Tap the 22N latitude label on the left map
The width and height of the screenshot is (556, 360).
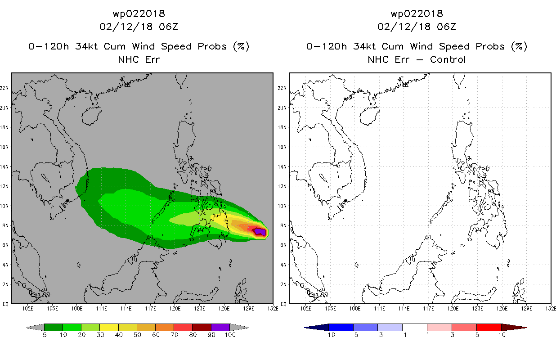4,88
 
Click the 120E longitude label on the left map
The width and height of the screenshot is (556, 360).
175,309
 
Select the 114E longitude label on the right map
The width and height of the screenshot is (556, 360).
404,309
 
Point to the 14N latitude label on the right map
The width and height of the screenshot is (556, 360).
282,166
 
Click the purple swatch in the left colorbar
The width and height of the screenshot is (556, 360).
220,327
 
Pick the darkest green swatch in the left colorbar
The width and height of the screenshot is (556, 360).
54,327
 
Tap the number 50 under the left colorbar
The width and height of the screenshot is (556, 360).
137,335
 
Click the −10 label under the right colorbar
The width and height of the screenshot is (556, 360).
329,335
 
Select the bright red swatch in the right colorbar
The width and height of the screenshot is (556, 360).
489,327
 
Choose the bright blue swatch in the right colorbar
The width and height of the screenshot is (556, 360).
341,327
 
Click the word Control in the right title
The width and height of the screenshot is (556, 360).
448,60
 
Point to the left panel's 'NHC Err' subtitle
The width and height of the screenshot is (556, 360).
139,60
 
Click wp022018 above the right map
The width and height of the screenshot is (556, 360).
417,13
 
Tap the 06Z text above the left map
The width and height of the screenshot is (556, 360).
169,27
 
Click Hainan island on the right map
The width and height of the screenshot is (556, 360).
369,116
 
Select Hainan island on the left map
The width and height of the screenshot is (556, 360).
91,116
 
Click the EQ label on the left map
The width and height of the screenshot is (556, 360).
5,304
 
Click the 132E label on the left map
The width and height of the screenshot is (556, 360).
273,309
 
